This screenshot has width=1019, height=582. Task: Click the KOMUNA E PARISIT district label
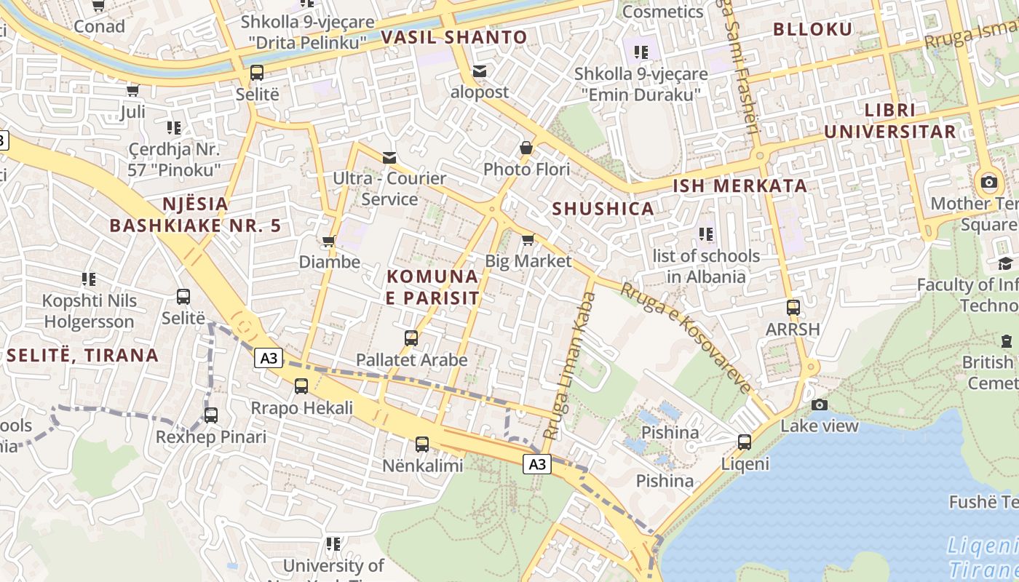[433, 287]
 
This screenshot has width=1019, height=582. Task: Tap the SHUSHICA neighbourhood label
[603, 209]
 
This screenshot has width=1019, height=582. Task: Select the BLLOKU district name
[812, 29]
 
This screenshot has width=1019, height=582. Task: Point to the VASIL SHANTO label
[454, 37]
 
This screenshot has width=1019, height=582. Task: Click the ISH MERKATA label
[740, 186]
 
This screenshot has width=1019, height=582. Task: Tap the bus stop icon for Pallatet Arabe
[411, 338]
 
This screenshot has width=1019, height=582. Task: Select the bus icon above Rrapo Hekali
[301, 386]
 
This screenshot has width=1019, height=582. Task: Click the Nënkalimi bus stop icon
[422, 444]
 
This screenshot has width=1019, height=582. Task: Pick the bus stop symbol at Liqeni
[745, 442]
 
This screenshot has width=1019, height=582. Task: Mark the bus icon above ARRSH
[793, 308]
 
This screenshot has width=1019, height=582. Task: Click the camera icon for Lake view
[820, 404]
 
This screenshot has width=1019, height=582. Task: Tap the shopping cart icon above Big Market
[528, 239]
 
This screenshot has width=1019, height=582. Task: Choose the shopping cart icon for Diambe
[329, 241]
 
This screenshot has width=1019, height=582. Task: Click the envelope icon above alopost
[479, 71]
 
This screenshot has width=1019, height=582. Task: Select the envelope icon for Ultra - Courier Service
[389, 157]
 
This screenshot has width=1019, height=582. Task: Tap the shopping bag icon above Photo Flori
[526, 148]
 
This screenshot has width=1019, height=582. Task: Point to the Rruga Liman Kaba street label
[568, 366]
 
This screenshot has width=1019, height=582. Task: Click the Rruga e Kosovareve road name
[685, 338]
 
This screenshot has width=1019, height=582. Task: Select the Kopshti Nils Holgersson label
[89, 311]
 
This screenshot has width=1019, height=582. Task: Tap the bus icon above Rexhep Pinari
[211, 415]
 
